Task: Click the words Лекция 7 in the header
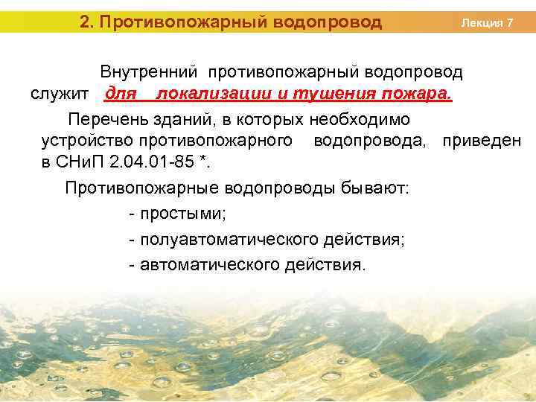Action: tap(487, 23)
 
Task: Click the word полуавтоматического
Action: tap(229, 240)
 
